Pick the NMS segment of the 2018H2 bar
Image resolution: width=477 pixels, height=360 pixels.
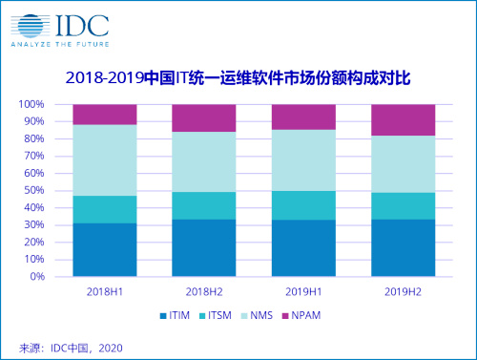click(x=203, y=161)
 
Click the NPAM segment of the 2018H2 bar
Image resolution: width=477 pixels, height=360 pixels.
click(x=203, y=117)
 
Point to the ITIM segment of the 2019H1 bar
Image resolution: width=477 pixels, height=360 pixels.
click(x=303, y=248)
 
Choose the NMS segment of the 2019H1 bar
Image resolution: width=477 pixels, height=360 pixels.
click(x=303, y=159)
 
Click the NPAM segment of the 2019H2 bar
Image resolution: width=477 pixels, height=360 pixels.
click(x=403, y=119)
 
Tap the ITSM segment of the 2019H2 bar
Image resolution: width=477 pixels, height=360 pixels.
click(x=403, y=205)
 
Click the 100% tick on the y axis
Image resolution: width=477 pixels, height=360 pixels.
click(x=31, y=104)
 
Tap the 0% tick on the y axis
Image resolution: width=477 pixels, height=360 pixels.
click(x=37, y=277)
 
